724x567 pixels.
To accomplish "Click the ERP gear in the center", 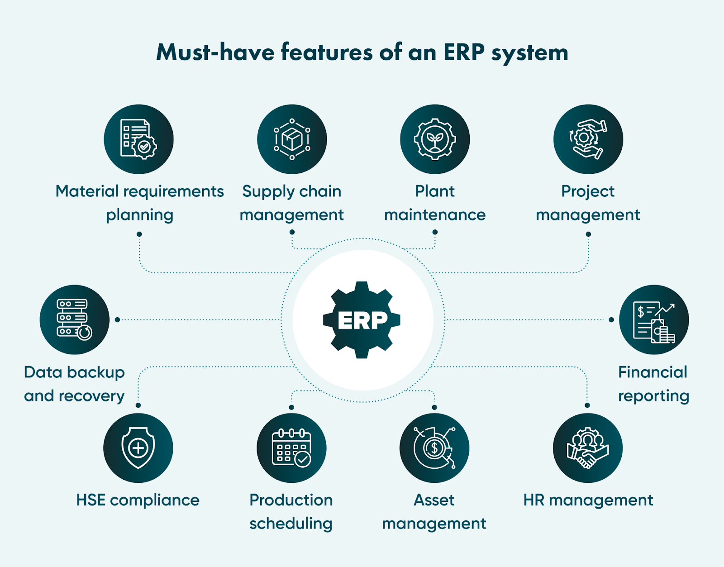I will [x=362, y=320].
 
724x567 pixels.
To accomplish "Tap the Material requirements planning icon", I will [x=138, y=139].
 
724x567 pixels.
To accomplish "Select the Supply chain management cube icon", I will [x=292, y=139].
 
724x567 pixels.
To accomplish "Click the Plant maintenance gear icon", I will [x=435, y=139].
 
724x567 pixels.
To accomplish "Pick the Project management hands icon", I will [x=588, y=139].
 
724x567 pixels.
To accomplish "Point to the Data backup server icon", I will [x=74, y=319].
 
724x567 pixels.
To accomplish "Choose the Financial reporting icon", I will [x=654, y=319].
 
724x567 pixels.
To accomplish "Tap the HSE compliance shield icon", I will [x=138, y=448].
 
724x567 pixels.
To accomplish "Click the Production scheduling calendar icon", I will [x=291, y=448].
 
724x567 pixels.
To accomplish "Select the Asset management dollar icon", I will [x=434, y=448].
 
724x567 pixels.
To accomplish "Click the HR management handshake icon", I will [x=587, y=448].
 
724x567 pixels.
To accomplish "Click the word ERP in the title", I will [x=464, y=52].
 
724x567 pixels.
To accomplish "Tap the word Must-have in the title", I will [x=215, y=52].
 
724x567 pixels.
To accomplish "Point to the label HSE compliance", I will [x=138, y=500].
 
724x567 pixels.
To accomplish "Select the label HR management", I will [x=588, y=500].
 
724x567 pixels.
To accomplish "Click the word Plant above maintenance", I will [x=435, y=191].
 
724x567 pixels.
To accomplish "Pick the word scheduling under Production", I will [x=291, y=524].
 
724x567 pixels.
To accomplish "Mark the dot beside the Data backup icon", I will [x=117, y=319].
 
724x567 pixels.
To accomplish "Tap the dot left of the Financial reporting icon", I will [x=611, y=319].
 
